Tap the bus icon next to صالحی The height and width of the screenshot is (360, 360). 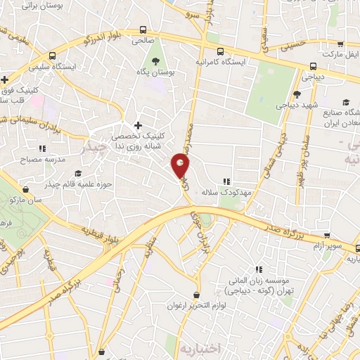pyautogui.click(x=143, y=30)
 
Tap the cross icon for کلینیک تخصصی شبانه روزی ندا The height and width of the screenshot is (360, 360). pyautogui.click(x=138, y=125)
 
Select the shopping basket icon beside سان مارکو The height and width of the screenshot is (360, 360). pyautogui.click(x=26, y=189)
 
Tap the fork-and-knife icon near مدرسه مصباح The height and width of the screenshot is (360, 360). pyautogui.click(x=42, y=148)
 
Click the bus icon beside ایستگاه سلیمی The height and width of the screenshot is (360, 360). pyautogui.click(x=51, y=56)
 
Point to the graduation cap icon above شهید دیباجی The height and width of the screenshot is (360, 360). pyautogui.click(x=297, y=94)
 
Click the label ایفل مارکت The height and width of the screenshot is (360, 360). pyautogui.click(x=333, y=53)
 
